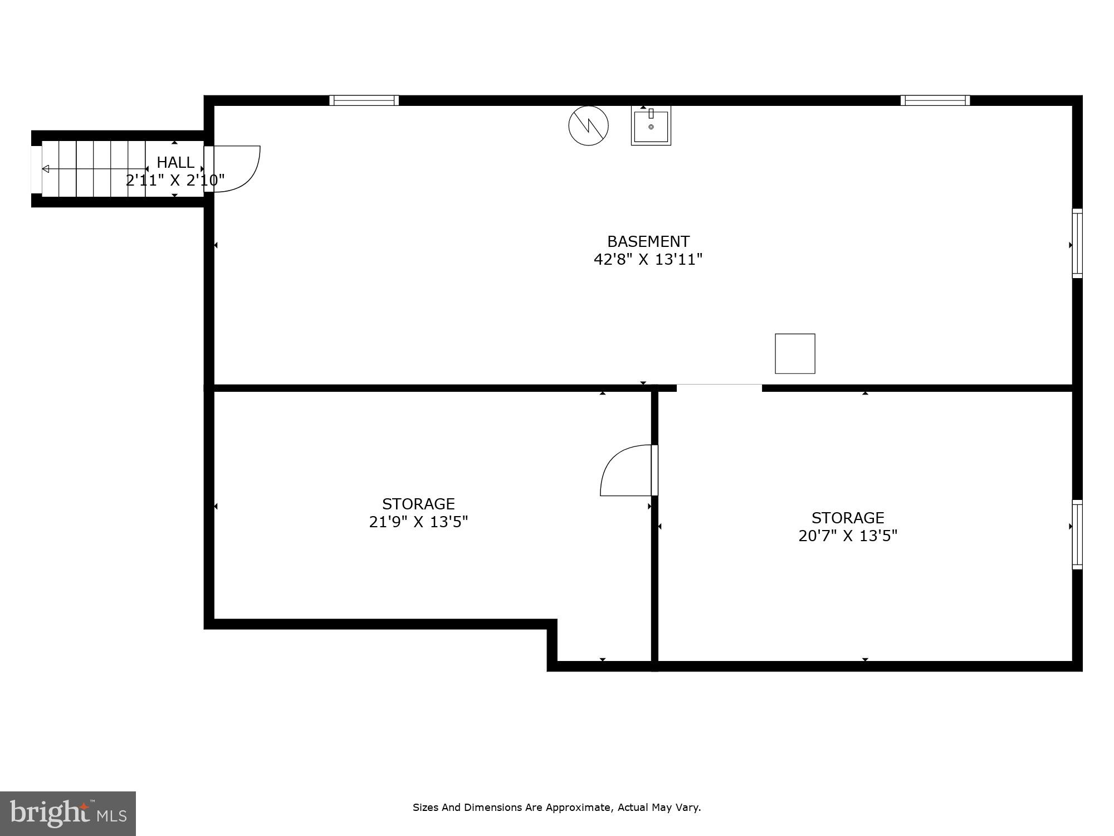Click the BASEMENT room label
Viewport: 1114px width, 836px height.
click(648, 241)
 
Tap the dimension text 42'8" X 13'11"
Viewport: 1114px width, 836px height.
click(648, 260)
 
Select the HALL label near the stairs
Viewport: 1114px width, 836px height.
click(175, 162)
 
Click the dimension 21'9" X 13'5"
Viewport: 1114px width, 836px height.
click(418, 522)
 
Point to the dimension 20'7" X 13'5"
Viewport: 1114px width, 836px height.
click(848, 536)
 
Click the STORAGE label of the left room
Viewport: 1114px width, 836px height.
click(418, 504)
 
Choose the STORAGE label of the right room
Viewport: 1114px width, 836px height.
click(848, 518)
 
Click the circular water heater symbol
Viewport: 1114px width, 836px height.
click(588, 125)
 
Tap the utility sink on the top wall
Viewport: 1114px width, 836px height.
click(651, 126)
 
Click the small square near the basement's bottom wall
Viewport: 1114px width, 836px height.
click(795, 353)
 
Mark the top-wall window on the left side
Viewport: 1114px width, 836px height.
click(364, 100)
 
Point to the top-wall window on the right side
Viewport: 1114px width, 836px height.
click(935, 100)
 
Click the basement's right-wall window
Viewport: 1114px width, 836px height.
click(1077, 244)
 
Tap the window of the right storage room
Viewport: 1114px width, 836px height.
click(1077, 534)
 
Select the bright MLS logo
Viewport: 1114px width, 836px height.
click(68, 813)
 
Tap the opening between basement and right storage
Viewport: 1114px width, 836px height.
click(719, 388)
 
